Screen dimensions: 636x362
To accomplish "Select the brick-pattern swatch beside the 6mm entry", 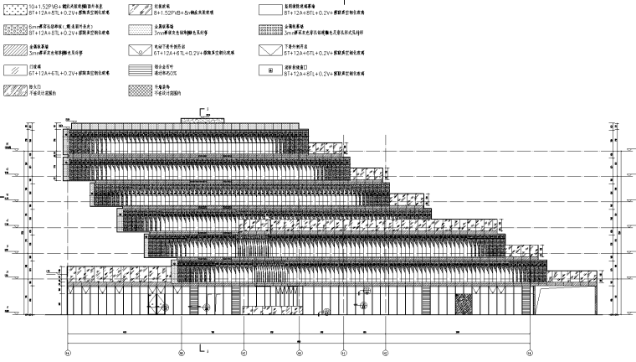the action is (x=16, y=30).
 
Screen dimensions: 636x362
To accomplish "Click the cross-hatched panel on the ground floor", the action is (x=463, y=303).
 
